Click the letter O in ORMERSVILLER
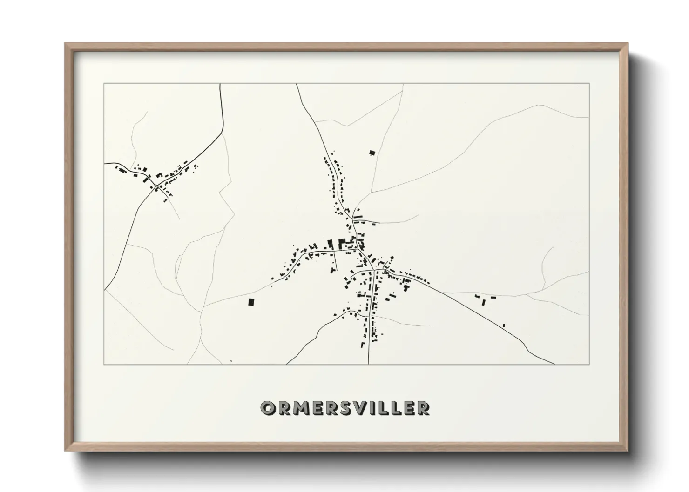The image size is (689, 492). (269, 408)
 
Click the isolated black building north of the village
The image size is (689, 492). (372, 152)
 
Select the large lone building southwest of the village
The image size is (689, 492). (252, 302)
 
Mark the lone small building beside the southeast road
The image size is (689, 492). (504, 325)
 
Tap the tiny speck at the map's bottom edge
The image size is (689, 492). (231, 361)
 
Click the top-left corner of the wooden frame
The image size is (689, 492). (65, 43)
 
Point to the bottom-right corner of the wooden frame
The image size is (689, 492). (628, 451)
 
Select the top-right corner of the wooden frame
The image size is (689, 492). (628, 43)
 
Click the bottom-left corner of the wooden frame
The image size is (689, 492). (65, 451)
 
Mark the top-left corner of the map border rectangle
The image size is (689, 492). (104, 84)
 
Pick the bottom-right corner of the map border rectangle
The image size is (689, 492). (589, 365)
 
